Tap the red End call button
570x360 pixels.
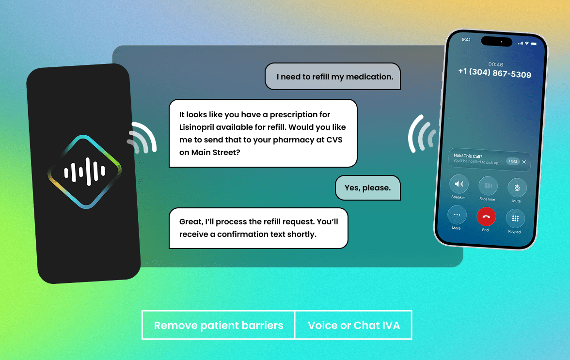(x=486, y=217)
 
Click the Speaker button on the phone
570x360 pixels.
(x=459, y=184)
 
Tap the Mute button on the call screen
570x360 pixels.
(x=517, y=188)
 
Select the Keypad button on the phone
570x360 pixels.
(x=515, y=219)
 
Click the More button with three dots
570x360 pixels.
(x=457, y=215)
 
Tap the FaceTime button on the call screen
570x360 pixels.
(x=488, y=186)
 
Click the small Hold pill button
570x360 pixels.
(x=513, y=161)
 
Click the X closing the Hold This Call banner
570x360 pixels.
(x=524, y=162)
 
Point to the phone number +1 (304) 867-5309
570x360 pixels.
(x=495, y=73)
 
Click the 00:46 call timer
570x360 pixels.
(x=495, y=64)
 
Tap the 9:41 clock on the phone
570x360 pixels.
(x=466, y=40)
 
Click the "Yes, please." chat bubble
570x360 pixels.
(x=367, y=188)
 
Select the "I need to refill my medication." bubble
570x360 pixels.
(x=332, y=76)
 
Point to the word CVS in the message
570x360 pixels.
(x=334, y=140)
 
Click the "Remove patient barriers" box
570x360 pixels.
(x=218, y=325)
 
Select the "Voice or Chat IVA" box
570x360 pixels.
(x=353, y=325)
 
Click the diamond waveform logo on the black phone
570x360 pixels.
(x=84, y=172)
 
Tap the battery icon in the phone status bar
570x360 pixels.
(x=534, y=44)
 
